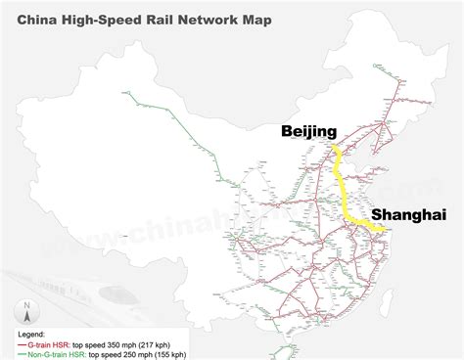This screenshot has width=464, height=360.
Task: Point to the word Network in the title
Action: point(213,16)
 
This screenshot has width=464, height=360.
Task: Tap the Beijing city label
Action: point(308,131)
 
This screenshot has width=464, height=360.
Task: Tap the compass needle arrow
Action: point(28,293)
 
